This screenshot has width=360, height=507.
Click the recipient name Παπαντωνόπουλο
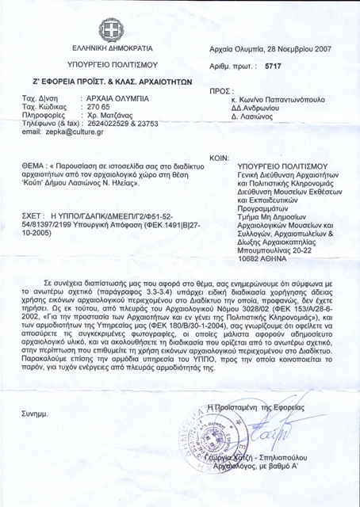pos(289,102)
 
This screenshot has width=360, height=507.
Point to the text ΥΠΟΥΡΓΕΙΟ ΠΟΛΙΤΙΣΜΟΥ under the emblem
pos(112,63)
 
